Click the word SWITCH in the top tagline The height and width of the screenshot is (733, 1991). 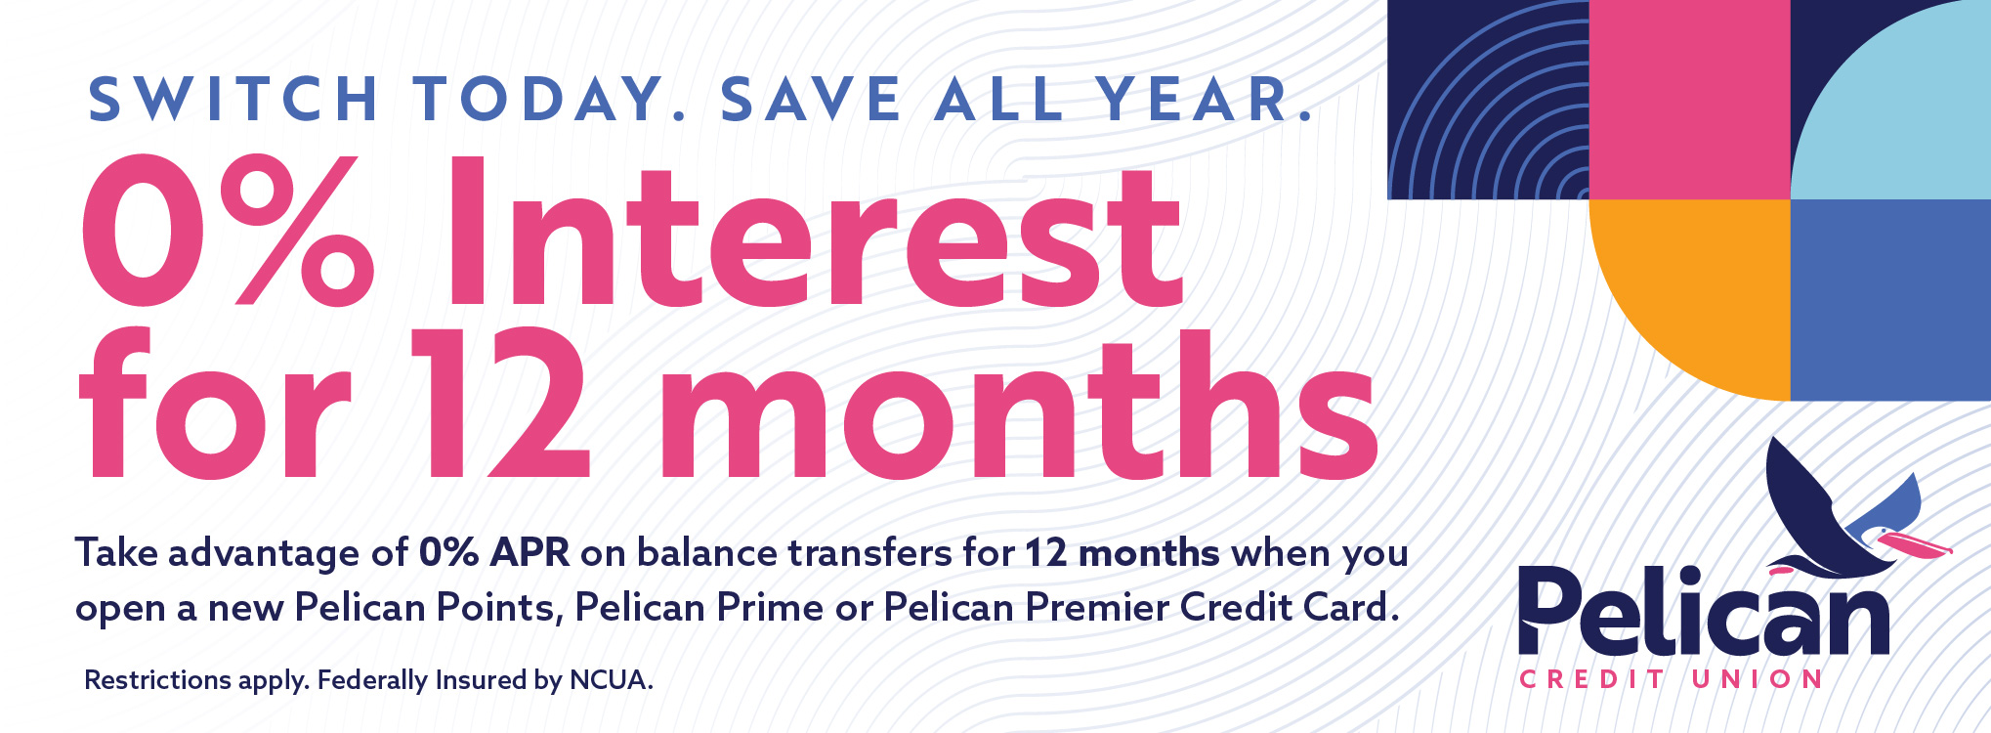click(233, 100)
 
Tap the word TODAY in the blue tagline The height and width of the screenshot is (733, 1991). click(544, 100)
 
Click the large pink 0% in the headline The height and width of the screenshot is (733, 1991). click(228, 231)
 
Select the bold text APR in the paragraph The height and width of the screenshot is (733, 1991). click(530, 553)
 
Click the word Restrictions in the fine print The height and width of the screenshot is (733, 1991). click(157, 680)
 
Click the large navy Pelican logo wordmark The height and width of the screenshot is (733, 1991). click(1703, 611)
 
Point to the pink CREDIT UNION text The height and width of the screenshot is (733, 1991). click(1671, 679)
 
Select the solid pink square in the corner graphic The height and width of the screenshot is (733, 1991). click(1690, 100)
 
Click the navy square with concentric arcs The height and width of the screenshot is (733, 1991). click(1489, 100)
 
